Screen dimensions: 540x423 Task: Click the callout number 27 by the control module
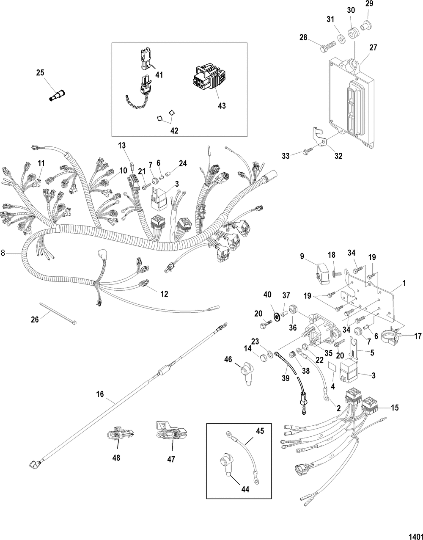click(x=373, y=48)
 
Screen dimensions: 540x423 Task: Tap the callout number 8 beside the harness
click(x=3, y=253)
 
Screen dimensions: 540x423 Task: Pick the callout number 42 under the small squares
click(x=174, y=131)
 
